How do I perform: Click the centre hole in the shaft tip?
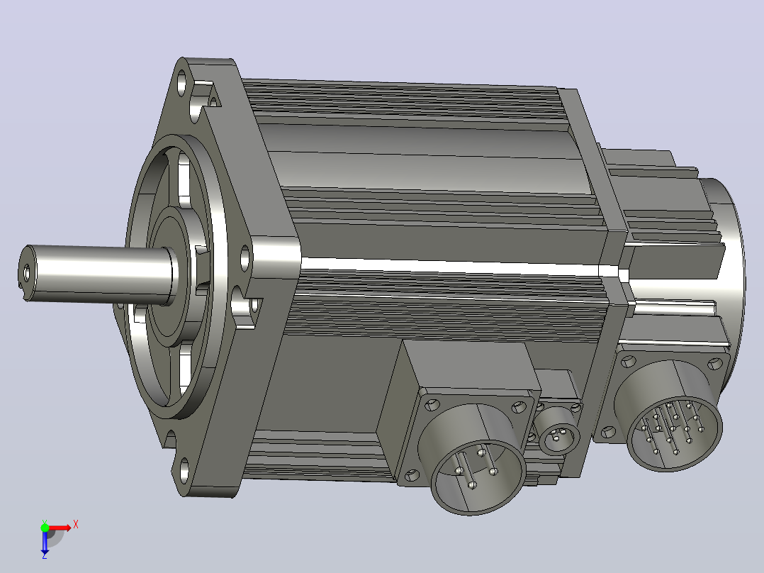point(26,271)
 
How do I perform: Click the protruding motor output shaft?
point(98,272)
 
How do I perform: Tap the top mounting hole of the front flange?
point(182,82)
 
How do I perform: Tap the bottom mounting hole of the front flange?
point(185,470)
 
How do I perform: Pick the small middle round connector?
point(559,432)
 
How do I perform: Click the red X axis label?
point(76,525)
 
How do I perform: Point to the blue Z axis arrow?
point(45,541)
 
